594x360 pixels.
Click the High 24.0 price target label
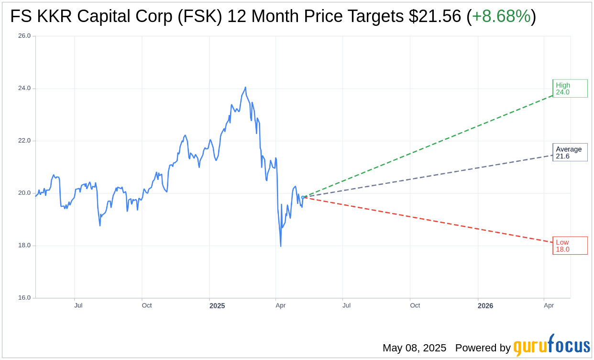(x=570, y=89)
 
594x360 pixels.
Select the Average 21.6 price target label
(x=570, y=152)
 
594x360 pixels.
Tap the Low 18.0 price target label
(x=570, y=246)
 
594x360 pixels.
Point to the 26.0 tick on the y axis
(x=24, y=36)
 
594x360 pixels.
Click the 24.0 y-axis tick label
(x=24, y=88)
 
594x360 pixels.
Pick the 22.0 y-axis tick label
(x=24, y=141)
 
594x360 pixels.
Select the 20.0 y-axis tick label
(x=24, y=193)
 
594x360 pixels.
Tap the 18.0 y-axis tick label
(x=24, y=246)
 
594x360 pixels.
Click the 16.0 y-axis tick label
(x=24, y=298)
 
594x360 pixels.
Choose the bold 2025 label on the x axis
(x=217, y=305)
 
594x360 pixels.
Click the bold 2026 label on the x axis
(x=485, y=305)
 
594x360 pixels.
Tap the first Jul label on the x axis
(x=78, y=305)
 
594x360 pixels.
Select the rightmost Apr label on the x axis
(x=549, y=305)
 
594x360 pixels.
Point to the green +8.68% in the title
(x=501, y=17)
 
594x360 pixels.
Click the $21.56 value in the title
(x=435, y=17)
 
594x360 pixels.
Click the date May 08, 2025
(x=414, y=348)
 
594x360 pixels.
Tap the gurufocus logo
(x=551, y=346)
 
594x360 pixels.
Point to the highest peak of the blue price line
(x=245, y=88)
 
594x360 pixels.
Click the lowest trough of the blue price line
(x=281, y=246)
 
